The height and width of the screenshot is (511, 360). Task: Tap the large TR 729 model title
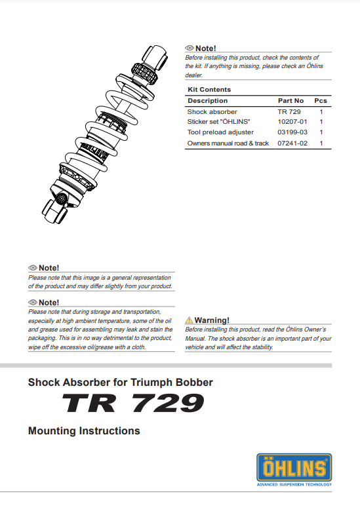133,404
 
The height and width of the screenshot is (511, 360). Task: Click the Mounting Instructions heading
84,431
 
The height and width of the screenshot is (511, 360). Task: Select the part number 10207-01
292,122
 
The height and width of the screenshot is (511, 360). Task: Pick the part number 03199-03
292,132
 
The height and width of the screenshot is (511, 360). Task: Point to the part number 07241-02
292,143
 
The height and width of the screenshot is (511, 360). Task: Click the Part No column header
290,101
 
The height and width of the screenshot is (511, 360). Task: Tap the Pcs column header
321,101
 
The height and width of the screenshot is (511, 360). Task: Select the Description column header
207,101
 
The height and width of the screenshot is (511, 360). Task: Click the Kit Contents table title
209,90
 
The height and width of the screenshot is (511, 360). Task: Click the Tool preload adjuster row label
220,132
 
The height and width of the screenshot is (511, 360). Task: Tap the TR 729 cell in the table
289,112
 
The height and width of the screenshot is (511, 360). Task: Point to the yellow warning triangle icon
189,320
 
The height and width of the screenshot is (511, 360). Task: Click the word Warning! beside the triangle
212,320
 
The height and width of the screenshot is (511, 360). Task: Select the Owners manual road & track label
228,143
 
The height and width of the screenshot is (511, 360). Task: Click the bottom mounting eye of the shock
60,199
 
